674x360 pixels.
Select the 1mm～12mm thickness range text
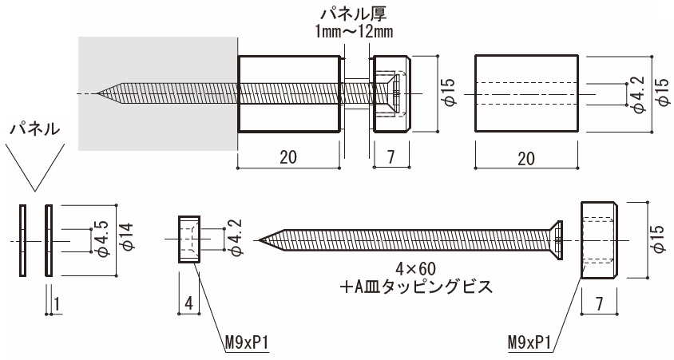354,32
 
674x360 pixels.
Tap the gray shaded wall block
158,93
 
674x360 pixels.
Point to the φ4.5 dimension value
102,239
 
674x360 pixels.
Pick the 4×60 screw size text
415,269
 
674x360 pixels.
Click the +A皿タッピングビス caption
416,287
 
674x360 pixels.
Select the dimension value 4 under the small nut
188,303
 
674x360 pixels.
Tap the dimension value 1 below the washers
57,303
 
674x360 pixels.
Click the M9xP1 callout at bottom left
247,343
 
